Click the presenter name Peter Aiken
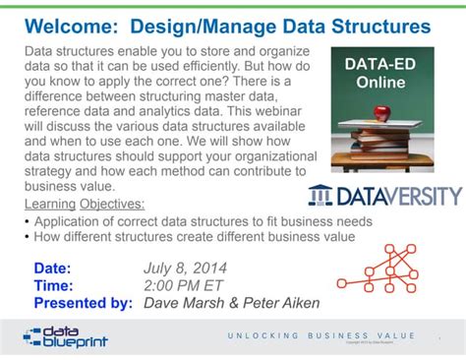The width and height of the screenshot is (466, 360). coord(280,303)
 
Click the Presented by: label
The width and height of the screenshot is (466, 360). coord(83,303)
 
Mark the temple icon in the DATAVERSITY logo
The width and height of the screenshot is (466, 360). coord(321,195)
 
